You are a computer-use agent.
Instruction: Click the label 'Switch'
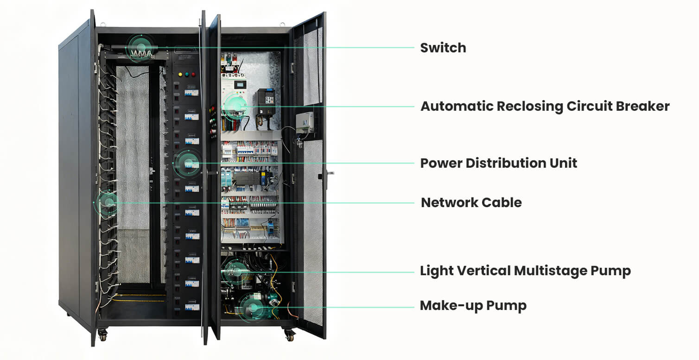coord(443,48)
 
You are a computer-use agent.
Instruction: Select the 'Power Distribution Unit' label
coord(498,163)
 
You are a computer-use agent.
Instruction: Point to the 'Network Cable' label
coord(471,202)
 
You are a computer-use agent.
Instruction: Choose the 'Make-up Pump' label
coord(473,306)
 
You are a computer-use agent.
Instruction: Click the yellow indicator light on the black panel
coord(180,74)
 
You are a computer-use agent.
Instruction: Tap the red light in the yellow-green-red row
coord(193,74)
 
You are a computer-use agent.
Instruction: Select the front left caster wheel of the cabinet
coord(102,334)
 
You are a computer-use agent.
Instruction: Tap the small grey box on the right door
coord(304,122)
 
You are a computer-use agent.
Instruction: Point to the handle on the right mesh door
coord(330,174)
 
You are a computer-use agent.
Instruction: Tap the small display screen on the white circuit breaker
coord(239,85)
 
